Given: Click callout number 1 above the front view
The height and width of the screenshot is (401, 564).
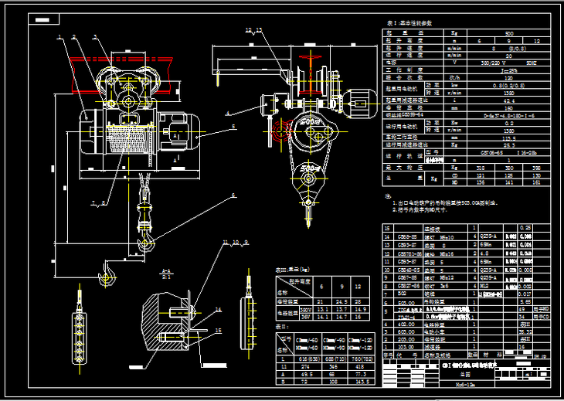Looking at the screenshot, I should tap(59, 36).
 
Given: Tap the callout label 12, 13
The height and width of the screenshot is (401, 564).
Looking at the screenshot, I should tap(253, 30).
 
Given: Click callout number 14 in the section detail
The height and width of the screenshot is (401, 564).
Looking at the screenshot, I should tap(218, 308).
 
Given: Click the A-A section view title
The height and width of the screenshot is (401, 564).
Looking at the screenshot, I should tap(165, 271).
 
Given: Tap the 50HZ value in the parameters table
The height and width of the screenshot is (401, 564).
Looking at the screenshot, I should tap(532, 62).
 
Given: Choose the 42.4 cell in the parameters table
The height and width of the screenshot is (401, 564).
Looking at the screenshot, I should tap(509, 100).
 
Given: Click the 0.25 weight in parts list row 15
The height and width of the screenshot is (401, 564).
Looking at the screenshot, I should tap(528, 229).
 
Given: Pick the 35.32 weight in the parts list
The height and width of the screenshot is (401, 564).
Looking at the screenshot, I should tap(527, 331).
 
